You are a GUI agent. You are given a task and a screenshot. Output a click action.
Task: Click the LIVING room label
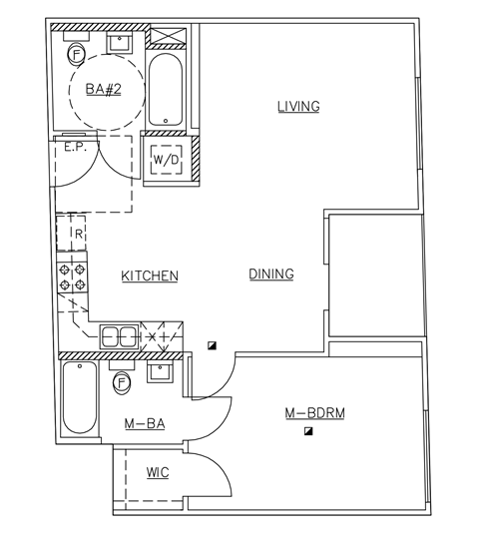[x=297, y=107]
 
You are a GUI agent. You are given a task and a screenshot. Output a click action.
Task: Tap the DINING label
[x=270, y=274]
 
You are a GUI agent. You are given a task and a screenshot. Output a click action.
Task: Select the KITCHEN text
[x=150, y=275]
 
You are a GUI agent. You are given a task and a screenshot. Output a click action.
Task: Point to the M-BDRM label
[x=314, y=413]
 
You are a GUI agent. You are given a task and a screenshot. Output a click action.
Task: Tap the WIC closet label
[x=157, y=472]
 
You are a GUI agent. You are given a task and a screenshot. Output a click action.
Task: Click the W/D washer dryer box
[x=165, y=160]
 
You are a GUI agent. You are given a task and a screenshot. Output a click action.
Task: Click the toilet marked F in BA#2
[x=76, y=52]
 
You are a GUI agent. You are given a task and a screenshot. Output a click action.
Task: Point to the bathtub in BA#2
[x=165, y=90]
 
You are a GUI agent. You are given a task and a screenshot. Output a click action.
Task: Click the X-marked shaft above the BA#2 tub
[x=166, y=38]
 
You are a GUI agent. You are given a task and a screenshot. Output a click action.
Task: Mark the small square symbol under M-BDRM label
[x=309, y=431]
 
